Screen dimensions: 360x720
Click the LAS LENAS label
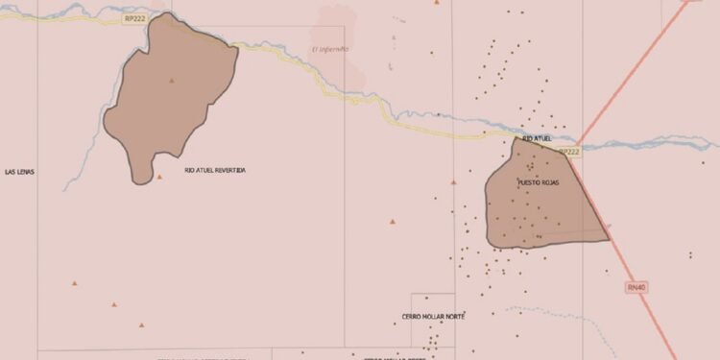coord(19,171)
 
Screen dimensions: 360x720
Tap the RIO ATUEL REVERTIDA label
coord(215,170)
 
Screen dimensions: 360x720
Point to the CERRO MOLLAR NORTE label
coord(433,316)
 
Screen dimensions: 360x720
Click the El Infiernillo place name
coord(330,49)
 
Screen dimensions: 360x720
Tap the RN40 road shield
coord(636,287)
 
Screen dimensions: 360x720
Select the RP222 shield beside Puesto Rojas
coord(569,152)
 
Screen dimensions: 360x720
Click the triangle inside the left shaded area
coord(172,81)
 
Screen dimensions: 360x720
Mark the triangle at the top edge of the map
coord(438,3)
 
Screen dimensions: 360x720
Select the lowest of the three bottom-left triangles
coord(142,325)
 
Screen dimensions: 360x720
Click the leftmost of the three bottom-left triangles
coord(74,283)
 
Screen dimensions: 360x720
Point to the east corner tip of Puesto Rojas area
coord(610,239)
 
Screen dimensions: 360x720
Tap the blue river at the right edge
coord(706,145)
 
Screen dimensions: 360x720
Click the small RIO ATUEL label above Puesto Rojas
coord(538,138)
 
